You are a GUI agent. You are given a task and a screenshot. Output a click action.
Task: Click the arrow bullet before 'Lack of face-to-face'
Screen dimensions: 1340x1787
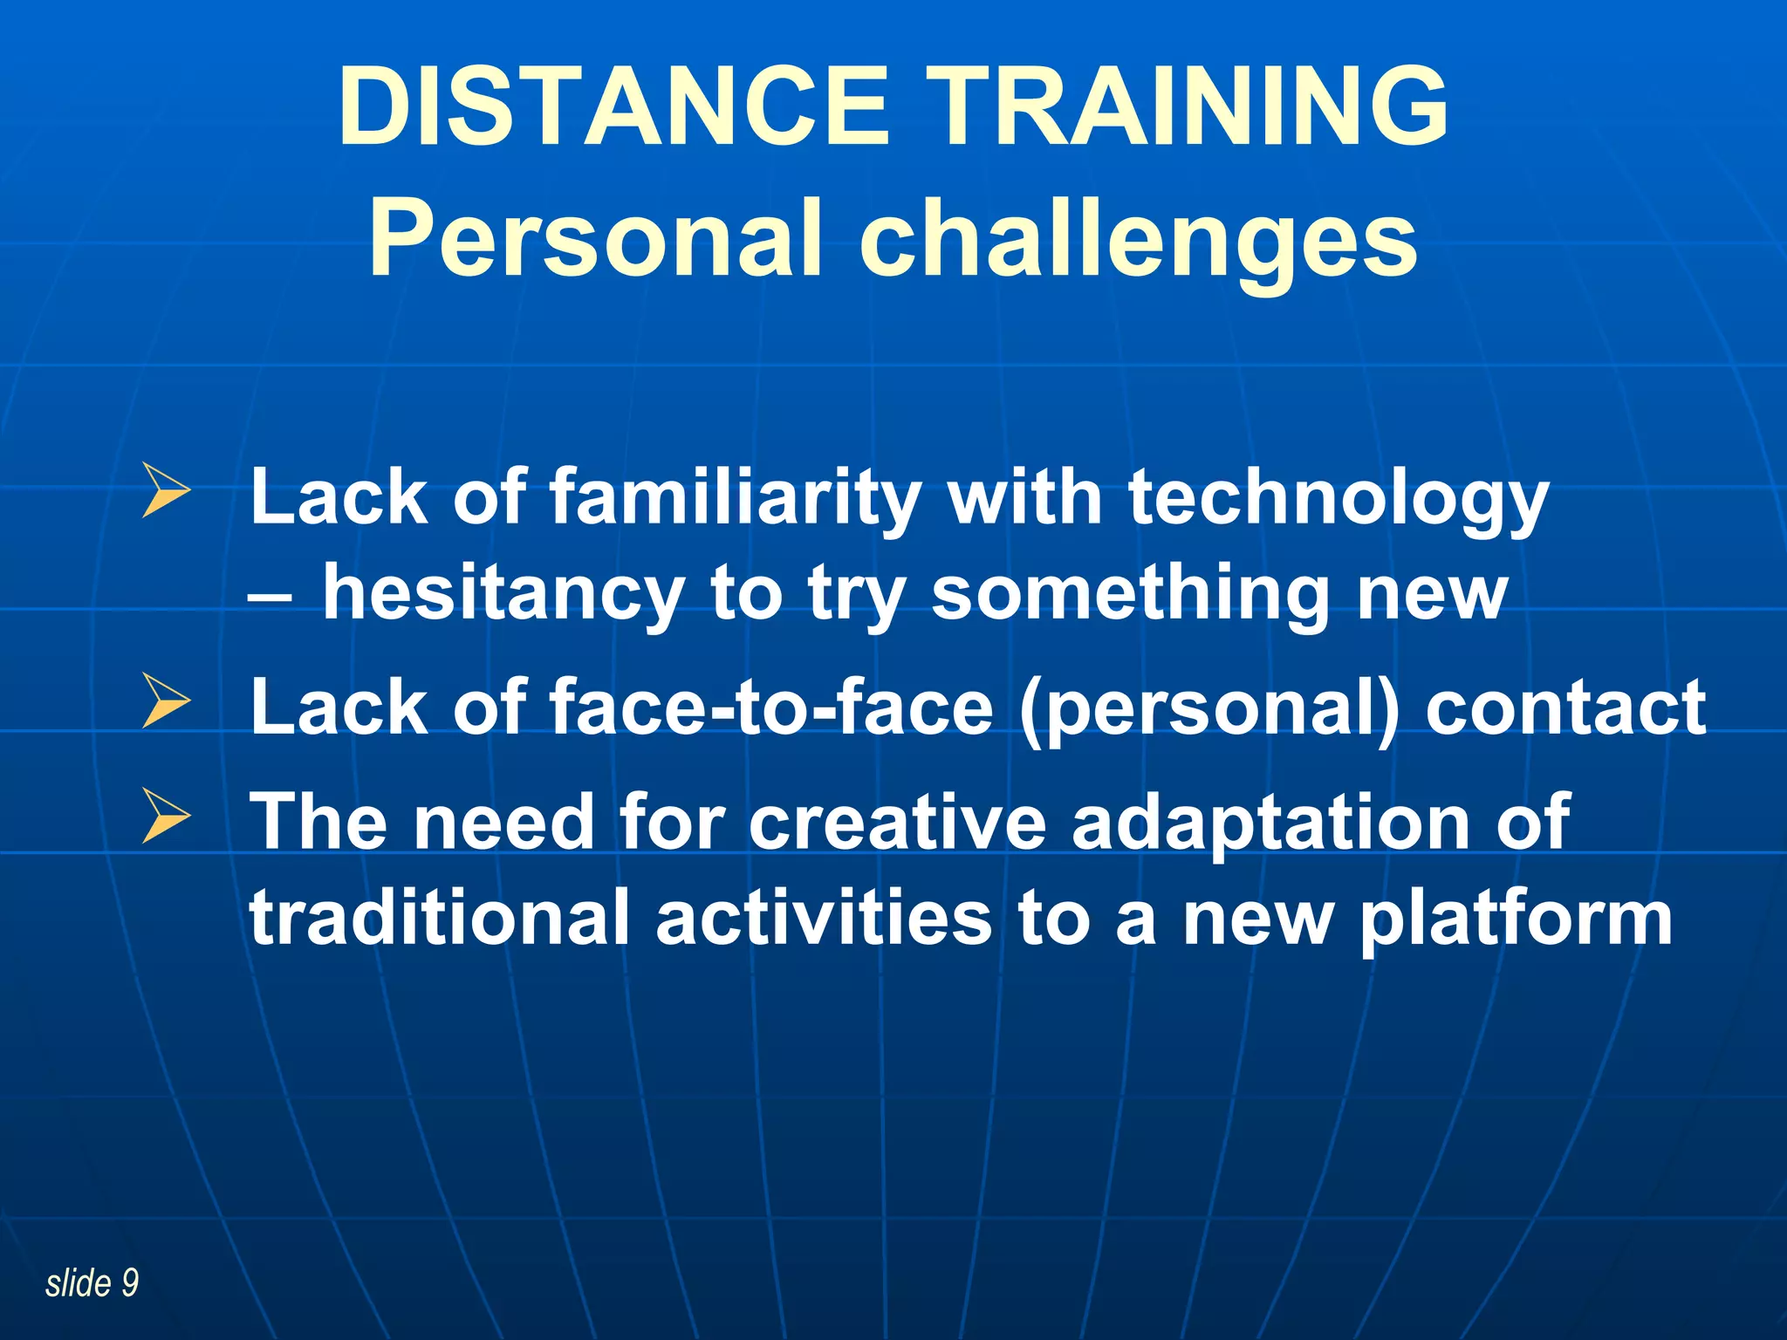166,701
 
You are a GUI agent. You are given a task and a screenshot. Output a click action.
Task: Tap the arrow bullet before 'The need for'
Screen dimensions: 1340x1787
166,816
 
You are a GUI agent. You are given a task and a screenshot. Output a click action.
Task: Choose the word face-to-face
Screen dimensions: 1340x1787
771,707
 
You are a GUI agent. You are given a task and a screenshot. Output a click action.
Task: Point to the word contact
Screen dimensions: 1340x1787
1565,707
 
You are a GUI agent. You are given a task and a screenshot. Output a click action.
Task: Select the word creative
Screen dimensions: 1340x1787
896,822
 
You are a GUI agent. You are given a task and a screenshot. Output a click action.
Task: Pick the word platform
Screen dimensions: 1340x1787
1517,920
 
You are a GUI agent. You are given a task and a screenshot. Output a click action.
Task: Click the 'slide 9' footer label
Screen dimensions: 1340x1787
92,1283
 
